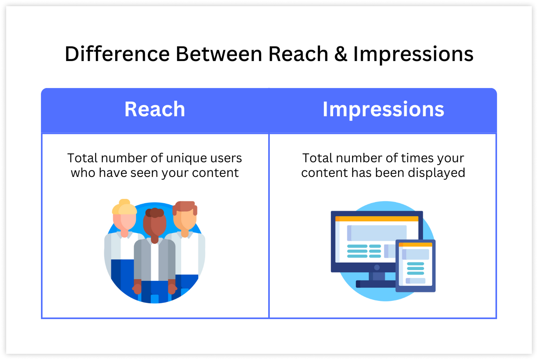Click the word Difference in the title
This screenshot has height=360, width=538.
click(117, 54)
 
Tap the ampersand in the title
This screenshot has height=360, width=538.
click(341, 54)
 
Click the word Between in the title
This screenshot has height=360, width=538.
click(219, 54)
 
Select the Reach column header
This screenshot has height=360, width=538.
click(155, 109)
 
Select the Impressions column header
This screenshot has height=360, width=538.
click(383, 110)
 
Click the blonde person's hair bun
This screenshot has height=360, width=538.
click(124, 202)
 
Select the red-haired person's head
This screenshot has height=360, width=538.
click(185, 215)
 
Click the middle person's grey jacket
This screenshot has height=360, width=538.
click(155, 260)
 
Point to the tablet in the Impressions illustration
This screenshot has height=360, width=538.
click(415, 266)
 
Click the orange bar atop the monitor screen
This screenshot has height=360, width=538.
click(376, 219)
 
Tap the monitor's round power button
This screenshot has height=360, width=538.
click(377, 267)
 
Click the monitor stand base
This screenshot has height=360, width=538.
click(376, 284)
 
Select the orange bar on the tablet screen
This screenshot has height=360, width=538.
click(415, 245)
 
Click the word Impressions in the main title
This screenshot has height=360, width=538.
click(413, 54)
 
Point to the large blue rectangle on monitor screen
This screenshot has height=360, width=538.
click(376, 233)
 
